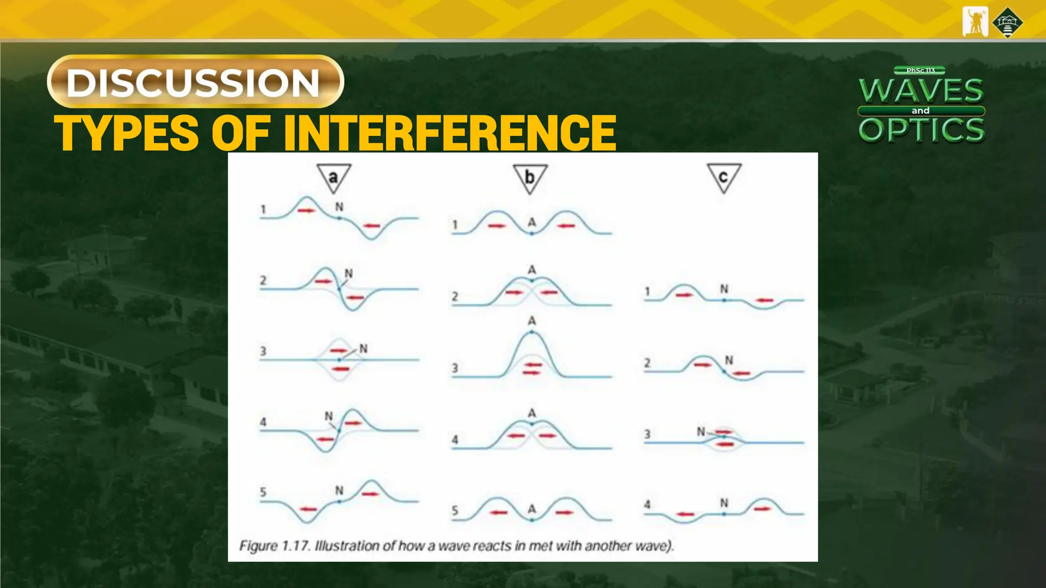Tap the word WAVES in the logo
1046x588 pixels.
[x=921, y=90]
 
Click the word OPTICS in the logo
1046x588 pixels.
[x=921, y=130]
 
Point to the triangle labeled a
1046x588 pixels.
[x=334, y=178]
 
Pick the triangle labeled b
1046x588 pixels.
[x=530, y=178]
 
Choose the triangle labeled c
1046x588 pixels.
[x=724, y=178]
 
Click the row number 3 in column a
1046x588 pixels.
[x=263, y=351]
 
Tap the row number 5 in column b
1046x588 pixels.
[x=455, y=510]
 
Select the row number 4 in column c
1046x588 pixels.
[x=647, y=504]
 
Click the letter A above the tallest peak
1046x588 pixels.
[x=532, y=321]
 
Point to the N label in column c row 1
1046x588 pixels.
[x=724, y=289]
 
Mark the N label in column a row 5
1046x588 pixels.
[x=339, y=491]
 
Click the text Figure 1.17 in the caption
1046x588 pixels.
[x=274, y=546]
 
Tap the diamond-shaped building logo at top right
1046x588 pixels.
[x=1007, y=23]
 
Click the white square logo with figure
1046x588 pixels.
[x=975, y=22]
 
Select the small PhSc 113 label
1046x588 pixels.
[x=920, y=70]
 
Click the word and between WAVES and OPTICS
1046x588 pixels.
[x=920, y=111]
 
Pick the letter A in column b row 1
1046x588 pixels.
[x=532, y=223]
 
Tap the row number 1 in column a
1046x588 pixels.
[x=263, y=209]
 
